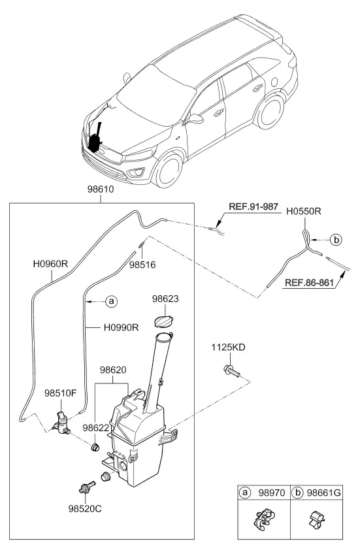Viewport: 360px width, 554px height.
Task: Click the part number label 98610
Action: [x=101, y=189]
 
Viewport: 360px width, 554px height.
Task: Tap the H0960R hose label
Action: [x=50, y=264]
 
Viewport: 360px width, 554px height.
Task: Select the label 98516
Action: [x=142, y=265]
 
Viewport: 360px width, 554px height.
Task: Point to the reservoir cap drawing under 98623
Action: [x=164, y=321]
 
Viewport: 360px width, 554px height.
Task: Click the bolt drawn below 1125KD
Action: [x=231, y=370]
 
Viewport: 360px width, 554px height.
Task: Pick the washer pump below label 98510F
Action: [x=61, y=422]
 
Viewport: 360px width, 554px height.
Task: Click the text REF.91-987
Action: [x=254, y=206]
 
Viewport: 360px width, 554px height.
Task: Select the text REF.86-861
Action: [x=309, y=283]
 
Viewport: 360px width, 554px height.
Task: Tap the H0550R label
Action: [x=303, y=212]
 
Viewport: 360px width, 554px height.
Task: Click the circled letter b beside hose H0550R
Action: [x=336, y=240]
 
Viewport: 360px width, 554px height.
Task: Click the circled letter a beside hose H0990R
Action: [x=112, y=301]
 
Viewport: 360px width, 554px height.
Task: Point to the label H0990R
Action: [x=121, y=327]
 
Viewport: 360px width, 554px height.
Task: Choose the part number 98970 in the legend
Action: [x=272, y=493]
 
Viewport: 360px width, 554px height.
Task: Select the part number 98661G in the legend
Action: [x=324, y=493]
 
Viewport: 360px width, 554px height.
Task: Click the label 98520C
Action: [x=85, y=509]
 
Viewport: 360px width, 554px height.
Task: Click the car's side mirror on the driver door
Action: [x=195, y=119]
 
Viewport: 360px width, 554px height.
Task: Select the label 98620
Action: [x=113, y=370]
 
